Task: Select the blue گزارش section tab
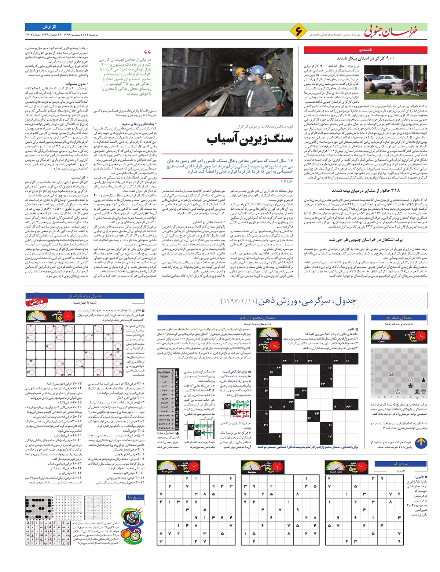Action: click(48, 27)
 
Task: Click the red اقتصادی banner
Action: click(365, 50)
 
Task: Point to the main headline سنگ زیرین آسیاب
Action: click(250, 139)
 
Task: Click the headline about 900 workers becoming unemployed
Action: click(366, 58)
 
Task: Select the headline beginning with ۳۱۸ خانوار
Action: click(366, 190)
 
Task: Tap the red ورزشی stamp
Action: click(36, 301)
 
